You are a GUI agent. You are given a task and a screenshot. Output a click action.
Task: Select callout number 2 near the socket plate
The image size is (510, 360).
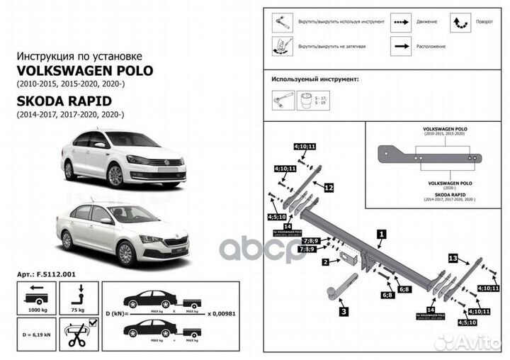pyautogui.click(x=325, y=262)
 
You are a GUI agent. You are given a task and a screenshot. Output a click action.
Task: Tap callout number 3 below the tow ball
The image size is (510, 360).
pyautogui.click(x=342, y=310)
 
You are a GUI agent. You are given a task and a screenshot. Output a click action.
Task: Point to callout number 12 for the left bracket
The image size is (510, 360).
pyautogui.click(x=329, y=188)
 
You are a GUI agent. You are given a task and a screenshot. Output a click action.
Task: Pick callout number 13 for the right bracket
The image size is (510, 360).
pyautogui.click(x=453, y=259)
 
